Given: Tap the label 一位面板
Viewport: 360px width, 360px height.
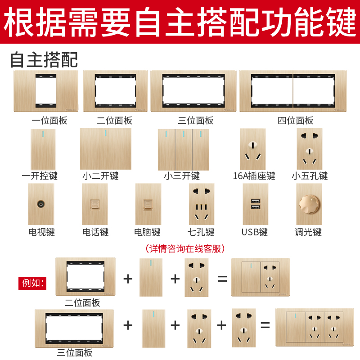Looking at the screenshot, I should [49, 121].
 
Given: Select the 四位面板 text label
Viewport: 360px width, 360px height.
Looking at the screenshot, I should [295, 121].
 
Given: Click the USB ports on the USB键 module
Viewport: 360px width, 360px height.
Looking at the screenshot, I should [255, 203].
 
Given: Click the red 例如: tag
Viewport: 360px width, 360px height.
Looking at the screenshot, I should [31, 283].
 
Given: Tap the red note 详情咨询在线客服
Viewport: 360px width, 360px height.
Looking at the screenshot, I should [185, 248].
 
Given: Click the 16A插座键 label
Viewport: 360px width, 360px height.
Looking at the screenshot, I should [254, 176].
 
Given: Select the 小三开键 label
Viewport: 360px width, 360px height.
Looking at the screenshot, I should [182, 176].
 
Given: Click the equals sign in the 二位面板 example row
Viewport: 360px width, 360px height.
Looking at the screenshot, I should [222, 279].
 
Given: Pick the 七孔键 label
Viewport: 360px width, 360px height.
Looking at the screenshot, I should [201, 232].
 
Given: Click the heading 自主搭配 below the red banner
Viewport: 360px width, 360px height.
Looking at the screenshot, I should [44, 60].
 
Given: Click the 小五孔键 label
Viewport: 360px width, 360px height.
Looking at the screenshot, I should [310, 176].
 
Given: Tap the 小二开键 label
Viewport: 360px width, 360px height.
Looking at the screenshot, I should [100, 176].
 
